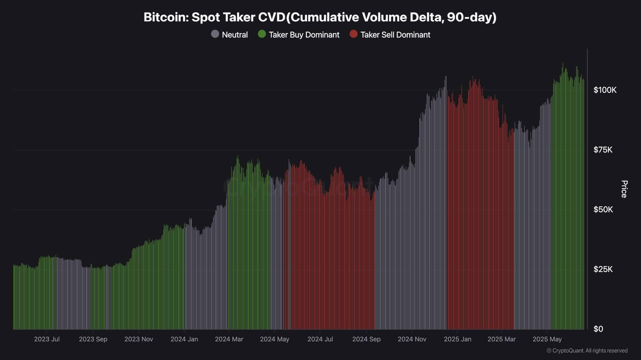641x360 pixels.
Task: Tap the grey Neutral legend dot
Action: (x=215, y=34)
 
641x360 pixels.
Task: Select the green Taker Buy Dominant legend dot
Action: (x=262, y=34)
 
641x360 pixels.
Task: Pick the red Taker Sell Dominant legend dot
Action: (x=353, y=34)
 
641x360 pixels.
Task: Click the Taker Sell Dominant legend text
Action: (x=395, y=35)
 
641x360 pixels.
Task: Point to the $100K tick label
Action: (x=605, y=90)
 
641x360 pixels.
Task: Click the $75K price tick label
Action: (x=603, y=150)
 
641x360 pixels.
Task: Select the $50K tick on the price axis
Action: (x=603, y=210)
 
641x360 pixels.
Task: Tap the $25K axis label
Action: (x=603, y=269)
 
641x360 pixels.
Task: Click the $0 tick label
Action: (x=598, y=329)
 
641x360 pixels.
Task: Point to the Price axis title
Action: (x=624, y=189)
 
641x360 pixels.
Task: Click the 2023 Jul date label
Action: (x=47, y=339)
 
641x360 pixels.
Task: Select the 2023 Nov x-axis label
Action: (x=139, y=339)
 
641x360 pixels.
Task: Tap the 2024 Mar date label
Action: (x=229, y=339)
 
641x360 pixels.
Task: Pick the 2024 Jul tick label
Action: (x=320, y=339)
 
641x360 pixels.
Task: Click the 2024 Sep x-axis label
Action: (x=366, y=339)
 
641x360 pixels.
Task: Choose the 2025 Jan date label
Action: (x=457, y=339)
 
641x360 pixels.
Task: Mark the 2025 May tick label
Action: (x=547, y=339)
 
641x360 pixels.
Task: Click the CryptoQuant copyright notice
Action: (x=587, y=351)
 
